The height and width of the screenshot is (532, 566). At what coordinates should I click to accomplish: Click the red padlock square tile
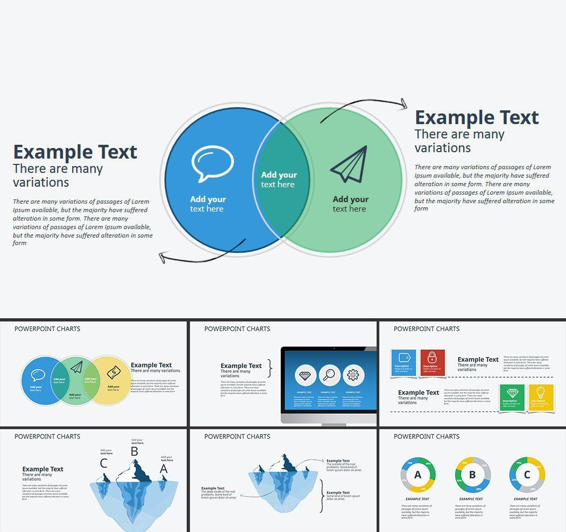432,362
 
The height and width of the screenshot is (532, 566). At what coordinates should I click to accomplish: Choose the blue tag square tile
403,362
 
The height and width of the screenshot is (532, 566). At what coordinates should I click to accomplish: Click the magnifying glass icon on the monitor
329,376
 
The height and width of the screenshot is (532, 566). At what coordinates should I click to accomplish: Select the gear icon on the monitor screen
353,376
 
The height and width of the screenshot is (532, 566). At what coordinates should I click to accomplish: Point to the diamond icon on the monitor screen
306,376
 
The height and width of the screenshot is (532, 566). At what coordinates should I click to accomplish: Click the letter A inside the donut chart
418,475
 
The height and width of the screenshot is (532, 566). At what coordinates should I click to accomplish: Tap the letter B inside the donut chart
473,475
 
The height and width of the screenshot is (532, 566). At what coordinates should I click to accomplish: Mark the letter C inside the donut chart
527,475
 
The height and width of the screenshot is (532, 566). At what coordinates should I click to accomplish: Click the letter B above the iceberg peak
134,451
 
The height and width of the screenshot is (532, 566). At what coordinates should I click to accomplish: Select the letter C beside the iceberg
103,464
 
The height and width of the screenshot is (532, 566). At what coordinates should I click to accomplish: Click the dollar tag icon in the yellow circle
114,373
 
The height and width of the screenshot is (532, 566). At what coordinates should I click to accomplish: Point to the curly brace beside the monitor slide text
270,368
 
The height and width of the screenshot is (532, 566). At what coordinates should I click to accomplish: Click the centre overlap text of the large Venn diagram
278,180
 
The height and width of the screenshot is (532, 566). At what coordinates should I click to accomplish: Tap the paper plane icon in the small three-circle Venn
76,367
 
